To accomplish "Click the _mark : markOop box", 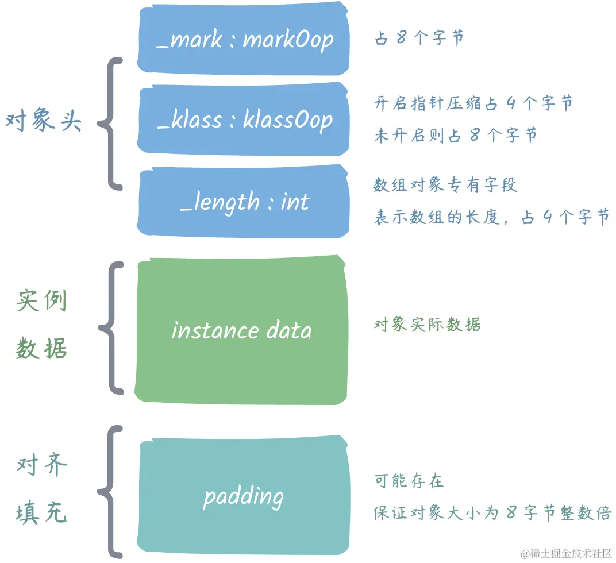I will (243, 39).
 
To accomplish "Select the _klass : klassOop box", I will (243, 119).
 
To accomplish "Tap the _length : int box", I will (243, 202).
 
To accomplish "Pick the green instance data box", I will (241, 330).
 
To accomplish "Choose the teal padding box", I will (243, 496).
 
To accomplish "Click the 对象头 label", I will (44, 122).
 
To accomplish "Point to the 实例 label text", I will (42, 301).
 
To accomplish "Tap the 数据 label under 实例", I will (42, 348).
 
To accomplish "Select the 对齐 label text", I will (42, 465).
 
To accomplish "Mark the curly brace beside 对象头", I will (111, 123).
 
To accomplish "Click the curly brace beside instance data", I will (111, 328).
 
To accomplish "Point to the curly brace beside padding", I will (111, 491).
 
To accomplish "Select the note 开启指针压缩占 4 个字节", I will (473, 103).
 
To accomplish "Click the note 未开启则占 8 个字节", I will (456, 136).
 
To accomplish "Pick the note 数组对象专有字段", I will (446, 185).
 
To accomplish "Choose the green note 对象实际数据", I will (427, 325).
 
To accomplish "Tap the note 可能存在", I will (409, 481).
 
